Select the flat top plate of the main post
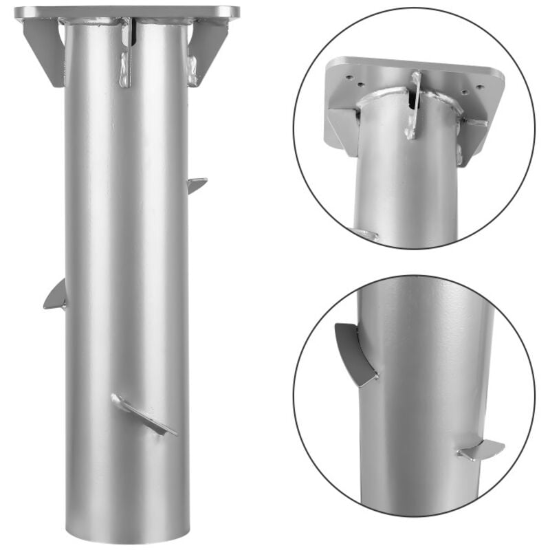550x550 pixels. click(x=127, y=12)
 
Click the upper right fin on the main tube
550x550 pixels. click(x=197, y=184)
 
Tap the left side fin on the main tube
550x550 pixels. click(x=56, y=296)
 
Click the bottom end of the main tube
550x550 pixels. click(x=127, y=533)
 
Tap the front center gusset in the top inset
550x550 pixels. click(x=414, y=103)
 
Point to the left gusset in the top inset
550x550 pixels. click(x=342, y=124)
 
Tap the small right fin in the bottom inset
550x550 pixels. click(x=481, y=450)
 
